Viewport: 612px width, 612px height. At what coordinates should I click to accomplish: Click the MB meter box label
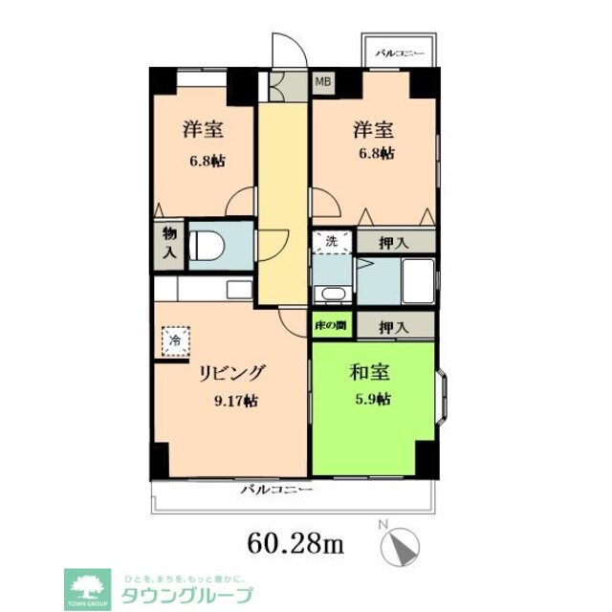(325, 82)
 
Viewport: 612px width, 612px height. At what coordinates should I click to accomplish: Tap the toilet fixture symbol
(205, 244)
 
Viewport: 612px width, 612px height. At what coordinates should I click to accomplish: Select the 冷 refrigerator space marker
(175, 339)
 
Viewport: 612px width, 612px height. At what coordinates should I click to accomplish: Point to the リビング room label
(231, 373)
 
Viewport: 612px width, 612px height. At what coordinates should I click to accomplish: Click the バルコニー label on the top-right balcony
(401, 55)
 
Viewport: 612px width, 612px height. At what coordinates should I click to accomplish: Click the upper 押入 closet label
(394, 243)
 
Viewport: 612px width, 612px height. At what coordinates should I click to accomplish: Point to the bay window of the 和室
(445, 397)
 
